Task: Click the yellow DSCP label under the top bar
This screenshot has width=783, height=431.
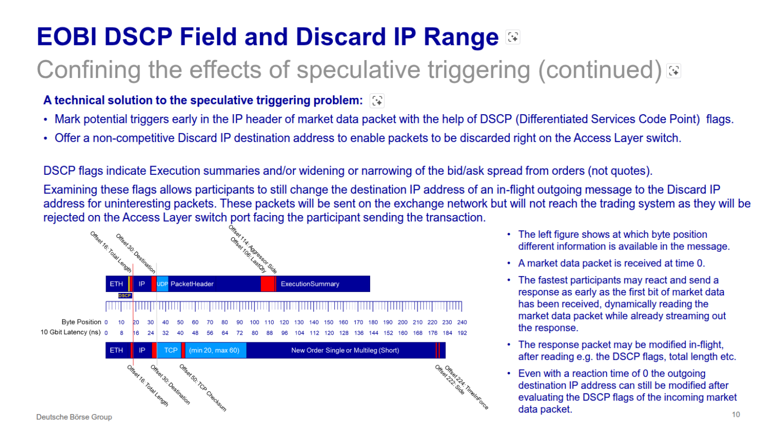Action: [125, 295]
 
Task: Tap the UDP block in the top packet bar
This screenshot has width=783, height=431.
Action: [162, 284]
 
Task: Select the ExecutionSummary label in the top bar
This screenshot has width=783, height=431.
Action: [309, 284]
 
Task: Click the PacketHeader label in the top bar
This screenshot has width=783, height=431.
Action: [192, 284]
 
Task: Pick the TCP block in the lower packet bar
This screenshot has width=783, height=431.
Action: [171, 350]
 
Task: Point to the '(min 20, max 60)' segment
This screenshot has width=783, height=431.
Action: [214, 350]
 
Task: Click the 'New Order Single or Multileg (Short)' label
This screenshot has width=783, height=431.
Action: [345, 350]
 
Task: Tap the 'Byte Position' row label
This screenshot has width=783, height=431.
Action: [81, 322]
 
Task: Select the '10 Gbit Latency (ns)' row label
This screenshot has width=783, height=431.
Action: [70, 332]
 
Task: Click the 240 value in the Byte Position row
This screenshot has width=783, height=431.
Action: [462, 322]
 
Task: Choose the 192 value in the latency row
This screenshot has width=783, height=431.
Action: [462, 333]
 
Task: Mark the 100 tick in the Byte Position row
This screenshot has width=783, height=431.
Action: [254, 322]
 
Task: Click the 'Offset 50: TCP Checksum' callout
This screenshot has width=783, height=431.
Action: [203, 388]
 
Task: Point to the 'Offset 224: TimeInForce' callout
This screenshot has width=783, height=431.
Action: [467, 387]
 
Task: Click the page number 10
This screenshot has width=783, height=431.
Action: [736, 414]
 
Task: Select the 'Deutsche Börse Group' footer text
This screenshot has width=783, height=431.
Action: [74, 417]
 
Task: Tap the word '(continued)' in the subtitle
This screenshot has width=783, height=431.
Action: [600, 70]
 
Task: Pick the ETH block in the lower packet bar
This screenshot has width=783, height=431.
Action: [116, 350]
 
